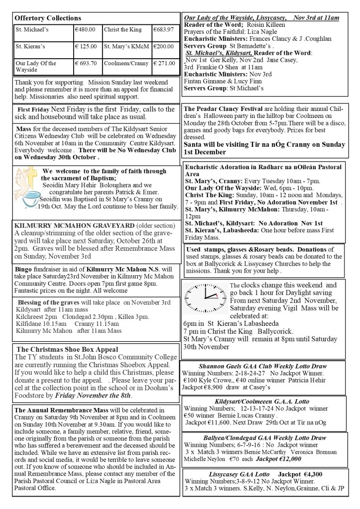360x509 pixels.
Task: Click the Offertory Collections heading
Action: point(48,18)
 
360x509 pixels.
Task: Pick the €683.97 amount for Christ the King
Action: point(163,29)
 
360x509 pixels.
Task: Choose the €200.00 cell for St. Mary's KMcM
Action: point(163,47)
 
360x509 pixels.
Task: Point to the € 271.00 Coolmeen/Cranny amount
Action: point(163,64)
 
